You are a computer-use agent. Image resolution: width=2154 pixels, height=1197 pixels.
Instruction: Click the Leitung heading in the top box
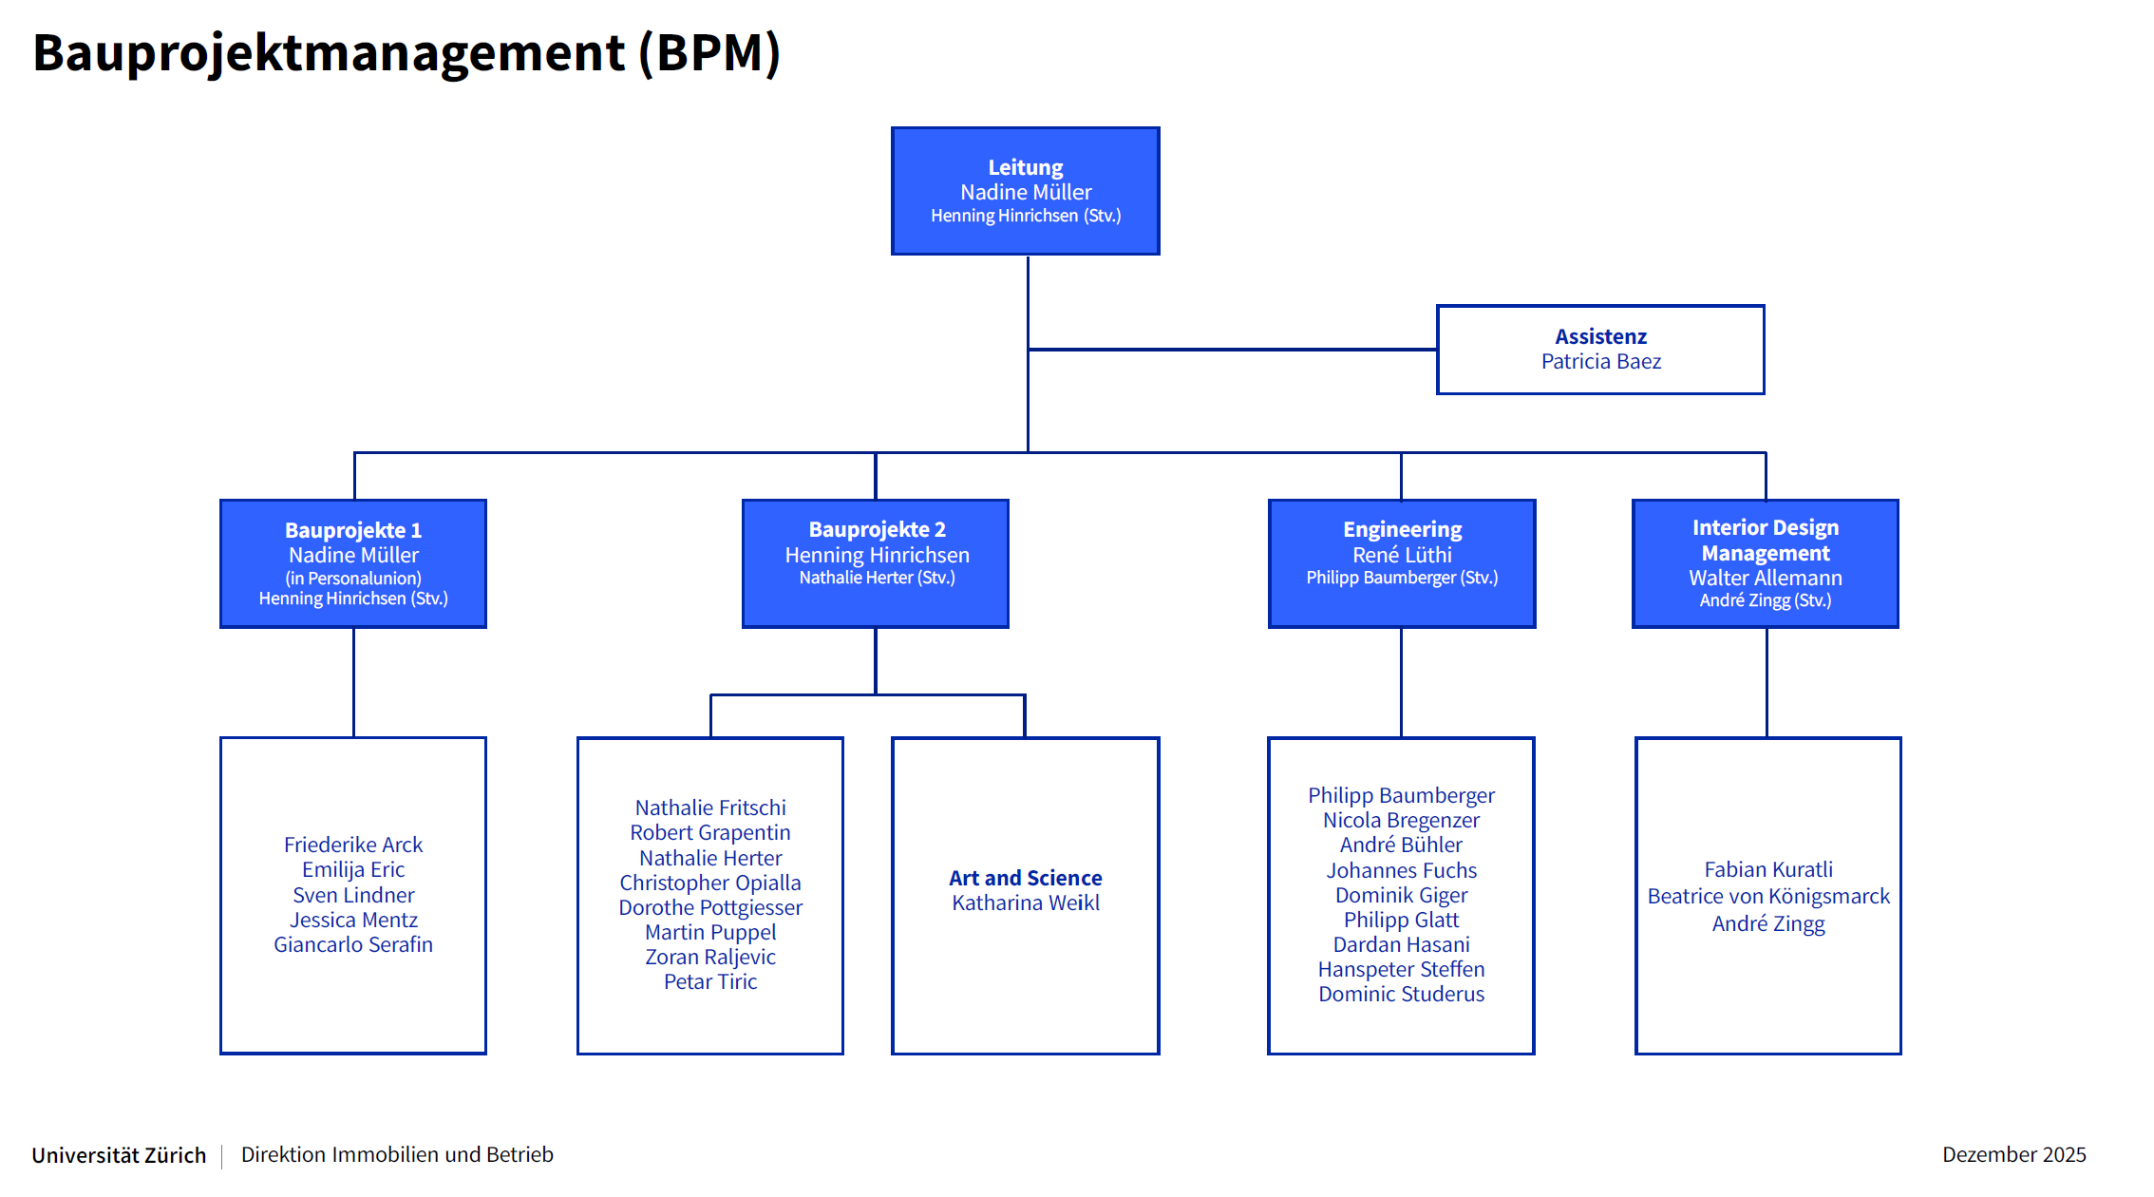1025,167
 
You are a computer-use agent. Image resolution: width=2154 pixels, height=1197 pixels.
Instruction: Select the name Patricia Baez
1600,362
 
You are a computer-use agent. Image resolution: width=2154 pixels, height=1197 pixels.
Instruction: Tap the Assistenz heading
1600,336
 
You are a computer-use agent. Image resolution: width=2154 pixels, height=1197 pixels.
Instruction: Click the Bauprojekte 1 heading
352,530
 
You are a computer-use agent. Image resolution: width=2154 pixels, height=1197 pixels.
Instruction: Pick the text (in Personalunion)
352,579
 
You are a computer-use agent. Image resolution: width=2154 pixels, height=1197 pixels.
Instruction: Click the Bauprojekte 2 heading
876,529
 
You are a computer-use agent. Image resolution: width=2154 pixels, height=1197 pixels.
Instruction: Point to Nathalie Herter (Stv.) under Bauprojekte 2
876,578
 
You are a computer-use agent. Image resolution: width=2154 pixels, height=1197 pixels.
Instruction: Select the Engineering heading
1402,529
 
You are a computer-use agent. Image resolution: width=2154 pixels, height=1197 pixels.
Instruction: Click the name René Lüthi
1402,555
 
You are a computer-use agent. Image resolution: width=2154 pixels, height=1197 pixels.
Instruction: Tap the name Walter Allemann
1765,578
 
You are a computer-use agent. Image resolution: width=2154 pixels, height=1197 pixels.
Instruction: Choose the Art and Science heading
1025,878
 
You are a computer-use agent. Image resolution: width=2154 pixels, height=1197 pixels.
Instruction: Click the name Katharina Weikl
1025,903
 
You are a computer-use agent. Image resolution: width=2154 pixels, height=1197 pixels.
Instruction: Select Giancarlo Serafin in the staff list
352,945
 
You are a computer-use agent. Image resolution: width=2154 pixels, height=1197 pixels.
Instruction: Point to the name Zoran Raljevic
709,958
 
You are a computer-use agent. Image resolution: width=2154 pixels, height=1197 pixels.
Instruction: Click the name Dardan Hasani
1401,945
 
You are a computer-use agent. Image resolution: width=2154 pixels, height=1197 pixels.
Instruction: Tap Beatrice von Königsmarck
1767,897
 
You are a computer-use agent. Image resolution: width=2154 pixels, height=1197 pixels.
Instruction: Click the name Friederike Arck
352,845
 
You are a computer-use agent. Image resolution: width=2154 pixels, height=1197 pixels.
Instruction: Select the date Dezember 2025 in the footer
2013,1154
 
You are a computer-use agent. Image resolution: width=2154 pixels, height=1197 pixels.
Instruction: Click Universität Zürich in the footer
119,1155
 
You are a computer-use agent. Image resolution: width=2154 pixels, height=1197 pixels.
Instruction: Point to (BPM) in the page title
709,53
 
